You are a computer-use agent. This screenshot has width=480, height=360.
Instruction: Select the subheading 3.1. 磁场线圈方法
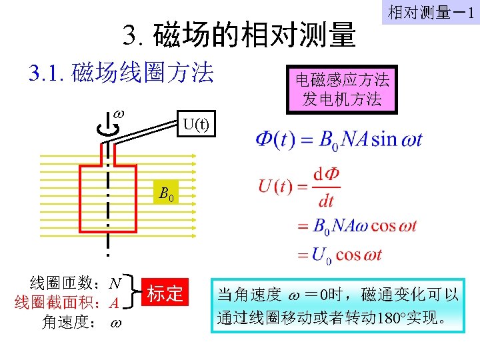coord(121,73)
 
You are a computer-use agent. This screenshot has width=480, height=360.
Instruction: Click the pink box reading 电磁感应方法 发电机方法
coord(341,89)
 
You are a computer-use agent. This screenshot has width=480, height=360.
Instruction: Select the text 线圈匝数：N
coord(76,282)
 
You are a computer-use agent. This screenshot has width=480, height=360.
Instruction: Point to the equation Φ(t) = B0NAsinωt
coord(339,141)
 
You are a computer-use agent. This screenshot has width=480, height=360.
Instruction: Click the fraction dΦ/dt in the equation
coord(327,186)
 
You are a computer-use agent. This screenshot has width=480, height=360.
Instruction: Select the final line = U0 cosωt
coord(339,254)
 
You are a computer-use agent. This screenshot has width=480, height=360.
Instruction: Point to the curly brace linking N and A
coord(133,293)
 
